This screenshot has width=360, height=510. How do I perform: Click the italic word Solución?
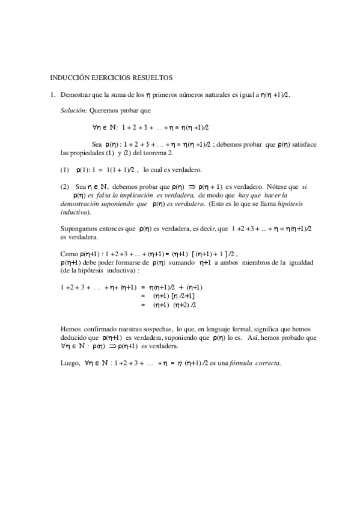74,111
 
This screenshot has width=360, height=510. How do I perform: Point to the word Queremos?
105,111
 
